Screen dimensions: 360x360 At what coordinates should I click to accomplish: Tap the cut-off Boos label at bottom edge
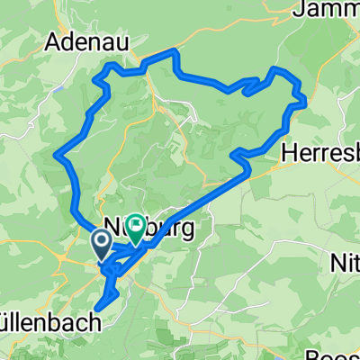337,354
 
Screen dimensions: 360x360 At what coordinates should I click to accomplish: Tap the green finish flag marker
135,227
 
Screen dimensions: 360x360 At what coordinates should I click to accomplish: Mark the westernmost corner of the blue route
57,154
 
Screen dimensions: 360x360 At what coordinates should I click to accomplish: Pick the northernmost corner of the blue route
175,51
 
